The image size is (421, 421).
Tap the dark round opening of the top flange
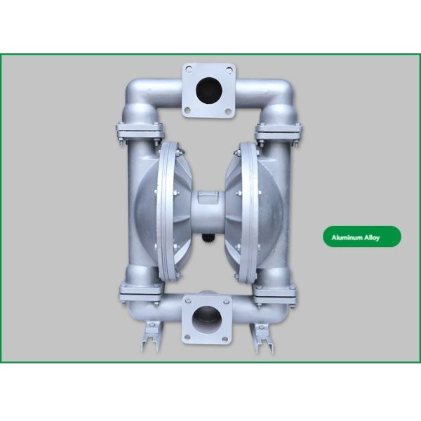[x=209, y=90]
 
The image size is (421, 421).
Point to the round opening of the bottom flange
[x=206, y=319]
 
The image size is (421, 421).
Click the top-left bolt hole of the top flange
[x=189, y=69]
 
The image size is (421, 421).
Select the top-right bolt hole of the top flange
[x=229, y=70]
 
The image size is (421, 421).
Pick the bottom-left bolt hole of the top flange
[x=187, y=110]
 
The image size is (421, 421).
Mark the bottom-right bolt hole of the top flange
[x=228, y=110]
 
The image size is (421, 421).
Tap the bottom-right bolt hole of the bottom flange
[x=225, y=339]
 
